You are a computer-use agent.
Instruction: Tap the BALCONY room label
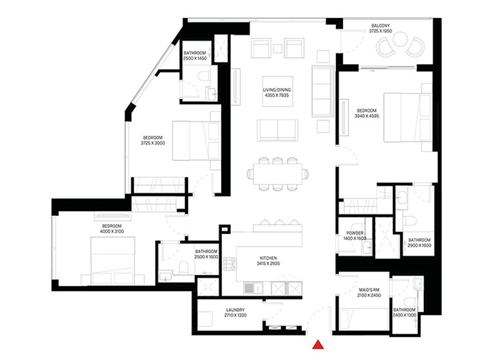[x=381, y=25]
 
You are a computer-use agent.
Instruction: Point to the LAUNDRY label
[x=235, y=309]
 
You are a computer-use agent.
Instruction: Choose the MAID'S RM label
[x=370, y=289]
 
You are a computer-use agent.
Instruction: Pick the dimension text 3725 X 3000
[x=153, y=143]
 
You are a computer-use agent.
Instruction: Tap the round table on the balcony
[x=400, y=39]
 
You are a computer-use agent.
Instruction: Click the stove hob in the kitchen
[x=231, y=264]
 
